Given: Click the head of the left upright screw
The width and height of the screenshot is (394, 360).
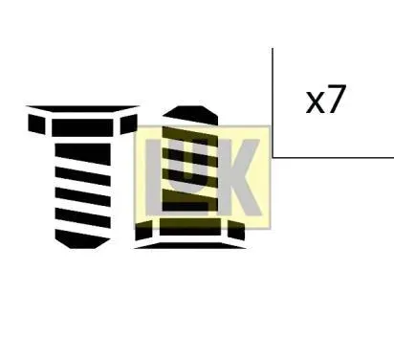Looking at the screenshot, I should point(81,123).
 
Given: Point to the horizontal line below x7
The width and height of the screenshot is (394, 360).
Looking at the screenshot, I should point(335,156).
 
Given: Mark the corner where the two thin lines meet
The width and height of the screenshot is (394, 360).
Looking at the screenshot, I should point(273,156).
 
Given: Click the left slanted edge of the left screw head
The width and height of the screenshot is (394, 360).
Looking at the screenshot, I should point(35,124).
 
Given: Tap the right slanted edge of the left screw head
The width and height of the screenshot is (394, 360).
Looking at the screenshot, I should point(128,123).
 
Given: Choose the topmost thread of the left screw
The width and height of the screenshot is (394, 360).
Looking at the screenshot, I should point(85,146).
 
